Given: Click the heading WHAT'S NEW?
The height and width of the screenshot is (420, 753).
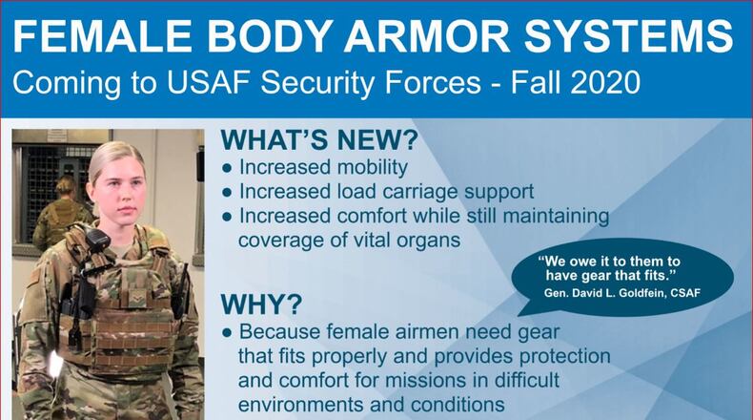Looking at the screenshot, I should tap(318, 140).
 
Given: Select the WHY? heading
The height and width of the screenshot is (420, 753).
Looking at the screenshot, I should tap(262, 304).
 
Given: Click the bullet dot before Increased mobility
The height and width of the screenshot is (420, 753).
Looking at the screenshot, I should tap(227, 168).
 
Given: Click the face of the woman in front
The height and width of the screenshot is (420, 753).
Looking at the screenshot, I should tap(117, 187).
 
